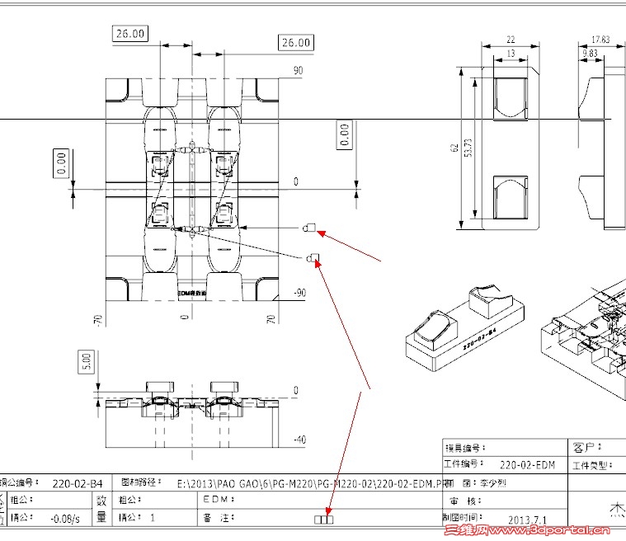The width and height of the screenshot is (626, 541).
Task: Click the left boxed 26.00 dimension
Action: coord(129,34)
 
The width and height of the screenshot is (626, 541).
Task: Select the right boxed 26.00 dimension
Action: coord(296,42)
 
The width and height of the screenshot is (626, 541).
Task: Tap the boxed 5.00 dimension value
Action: coord(87,361)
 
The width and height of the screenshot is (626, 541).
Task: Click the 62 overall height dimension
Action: coord(453,148)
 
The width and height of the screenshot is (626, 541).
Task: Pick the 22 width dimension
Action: coord(510,40)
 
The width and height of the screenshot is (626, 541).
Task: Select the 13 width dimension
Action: coord(510,53)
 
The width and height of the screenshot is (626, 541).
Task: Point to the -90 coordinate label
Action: coord(299,293)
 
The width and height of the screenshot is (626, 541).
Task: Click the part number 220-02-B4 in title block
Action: coord(78,483)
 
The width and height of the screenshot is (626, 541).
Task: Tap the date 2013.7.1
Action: coord(528,520)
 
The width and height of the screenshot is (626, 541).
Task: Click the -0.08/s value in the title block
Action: coord(65,519)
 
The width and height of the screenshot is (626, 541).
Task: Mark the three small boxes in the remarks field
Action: coord(325,519)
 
